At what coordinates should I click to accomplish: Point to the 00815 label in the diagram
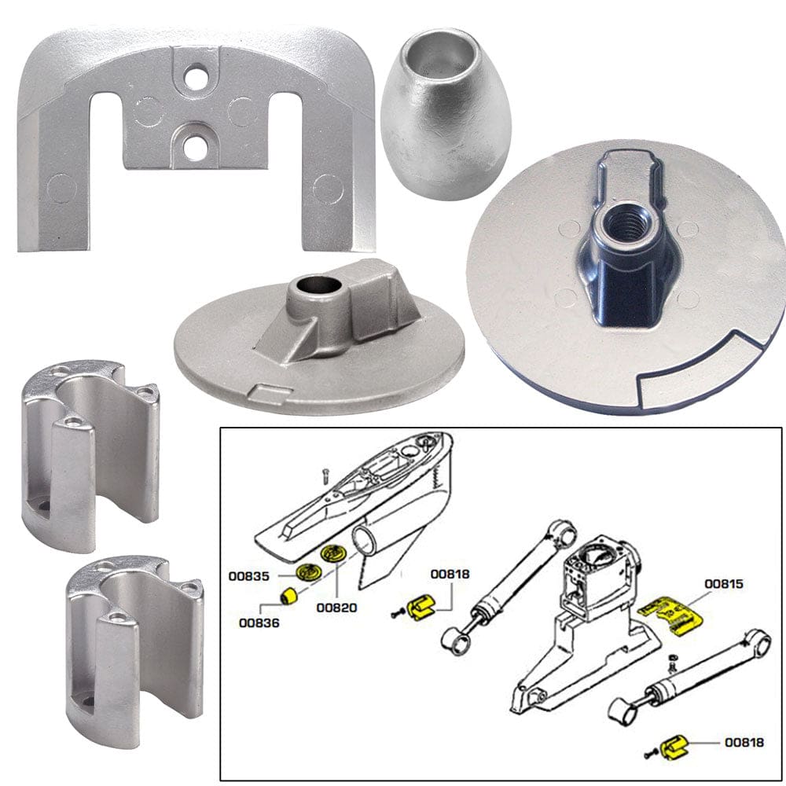pyautogui.click(x=725, y=584)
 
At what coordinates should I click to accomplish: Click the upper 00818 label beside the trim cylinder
pyautogui.click(x=450, y=575)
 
